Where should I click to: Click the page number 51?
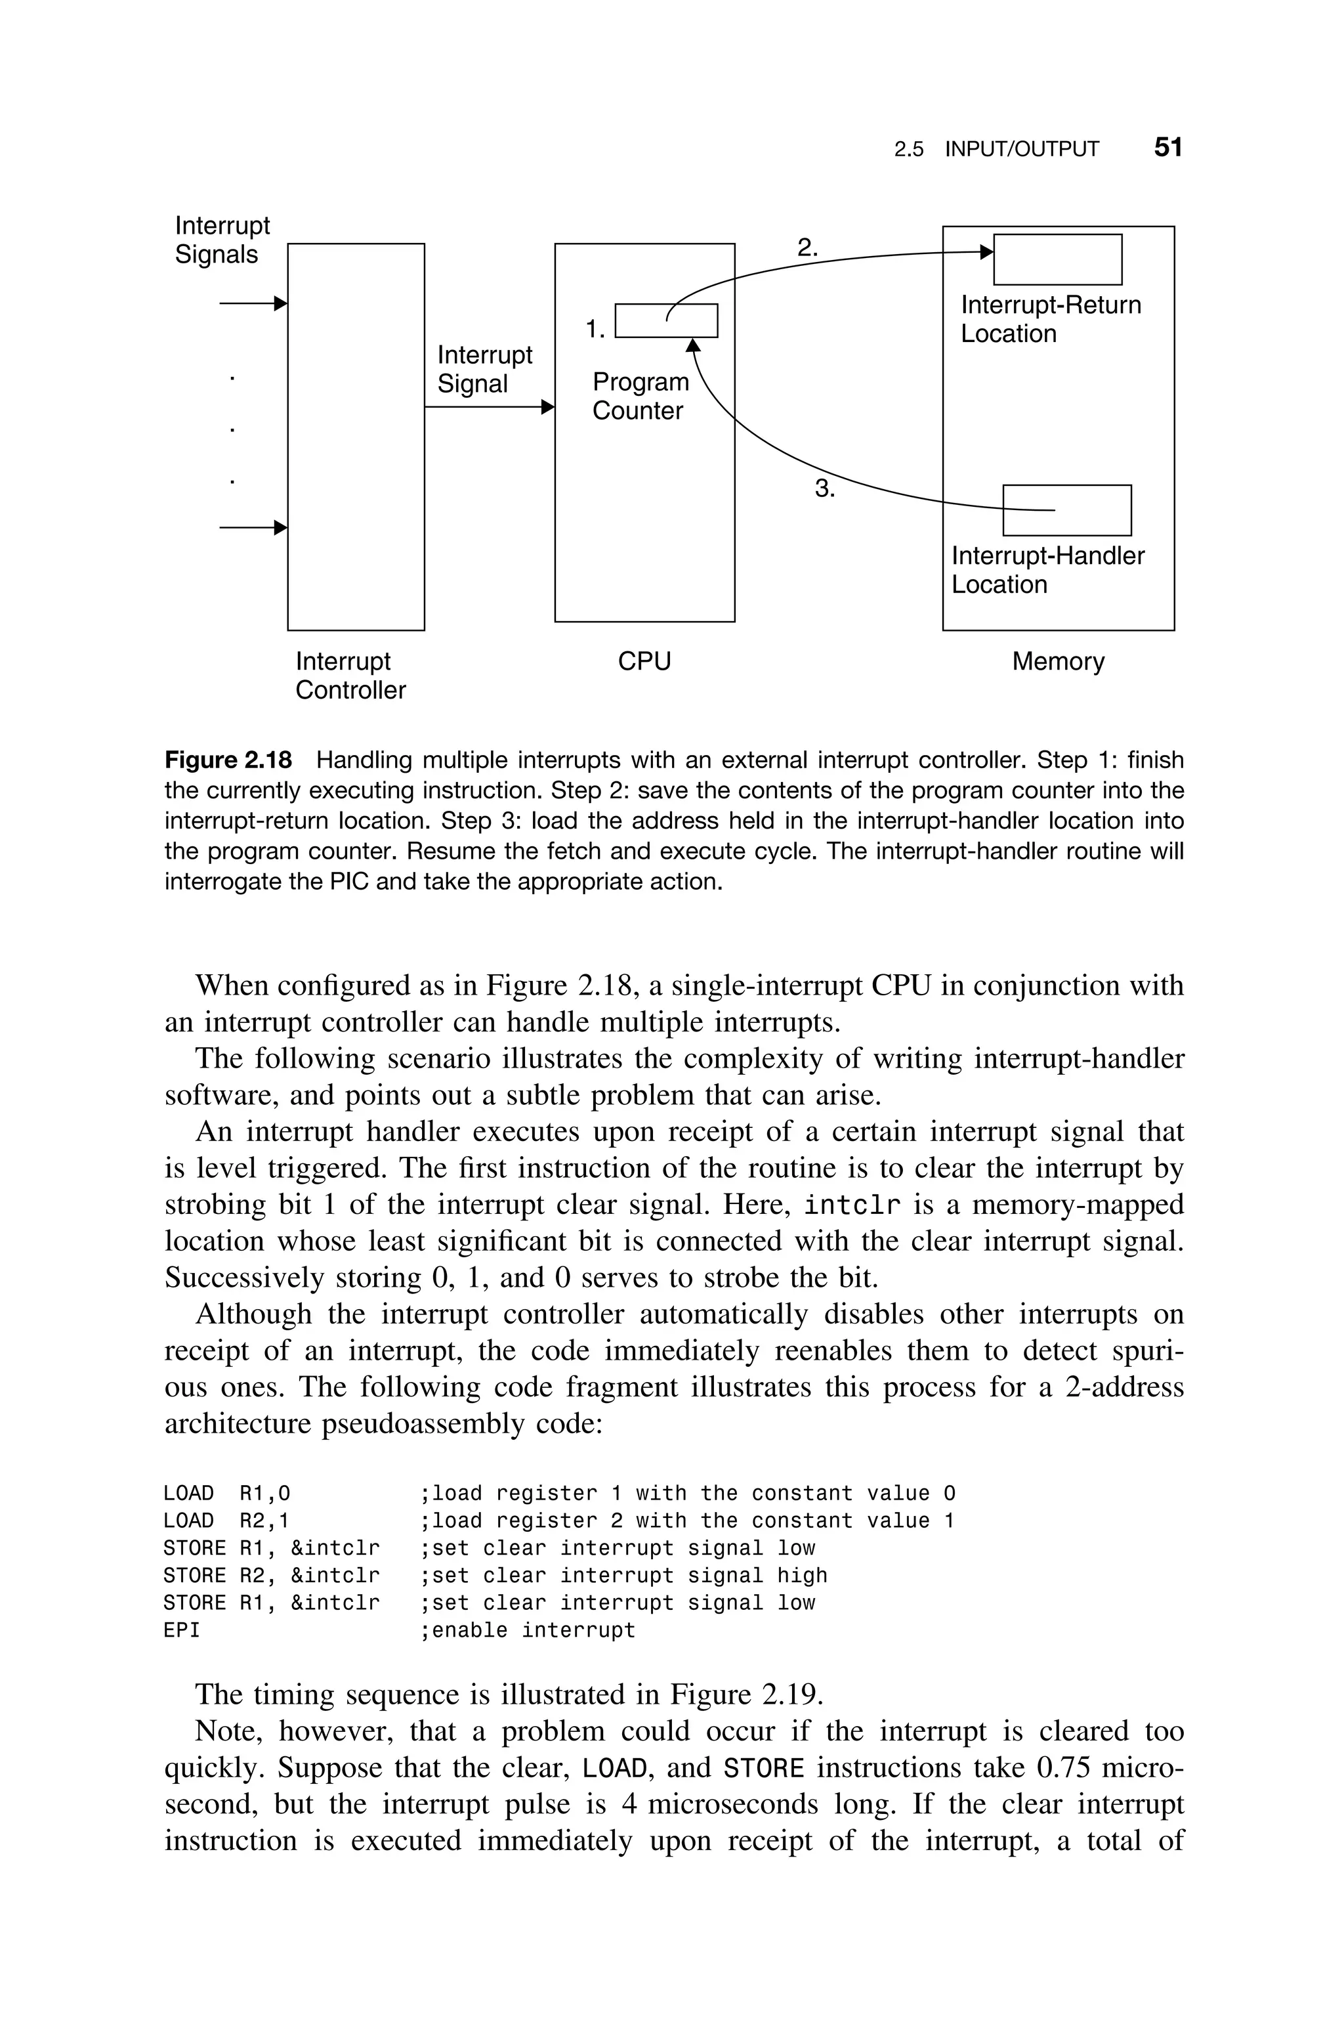tap(1167, 148)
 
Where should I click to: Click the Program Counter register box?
tap(666, 320)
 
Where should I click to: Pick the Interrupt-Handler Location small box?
tap(1066, 510)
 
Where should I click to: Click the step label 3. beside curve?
tap(824, 490)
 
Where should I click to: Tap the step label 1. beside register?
tap(595, 328)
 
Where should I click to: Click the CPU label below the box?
tap(644, 661)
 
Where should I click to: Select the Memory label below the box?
tap(1058, 661)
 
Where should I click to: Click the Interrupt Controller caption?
tap(350, 676)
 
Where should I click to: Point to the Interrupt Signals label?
tap(221, 240)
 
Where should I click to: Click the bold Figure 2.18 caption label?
tap(228, 760)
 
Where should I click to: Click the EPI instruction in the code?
tap(181, 1631)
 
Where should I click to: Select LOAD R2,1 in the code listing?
tap(226, 1521)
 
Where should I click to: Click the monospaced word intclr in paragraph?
tap(853, 1205)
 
